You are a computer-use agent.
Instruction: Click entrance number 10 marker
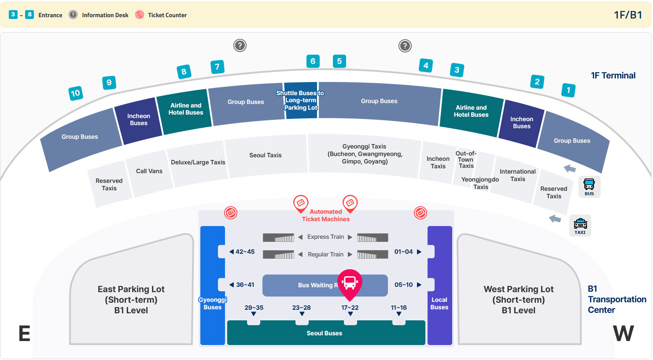[75, 93]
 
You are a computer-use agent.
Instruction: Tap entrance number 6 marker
[313, 61]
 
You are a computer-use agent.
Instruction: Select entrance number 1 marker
[568, 90]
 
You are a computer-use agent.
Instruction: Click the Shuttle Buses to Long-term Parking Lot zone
[301, 100]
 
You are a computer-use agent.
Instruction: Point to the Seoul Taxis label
[265, 155]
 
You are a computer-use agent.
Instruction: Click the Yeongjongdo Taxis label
[480, 183]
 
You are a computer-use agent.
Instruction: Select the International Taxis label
[517, 175]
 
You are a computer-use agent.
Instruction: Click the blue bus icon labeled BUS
[589, 187]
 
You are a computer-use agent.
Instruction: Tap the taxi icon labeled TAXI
[580, 226]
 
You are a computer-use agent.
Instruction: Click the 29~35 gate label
[254, 308]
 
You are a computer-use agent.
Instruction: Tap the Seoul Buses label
[324, 333]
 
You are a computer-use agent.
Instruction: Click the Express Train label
[326, 237]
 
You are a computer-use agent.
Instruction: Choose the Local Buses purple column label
[439, 304]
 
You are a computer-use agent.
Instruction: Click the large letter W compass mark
[623, 333]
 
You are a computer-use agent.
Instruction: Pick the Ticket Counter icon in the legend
[140, 15]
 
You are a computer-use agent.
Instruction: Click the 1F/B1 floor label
[628, 15]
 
